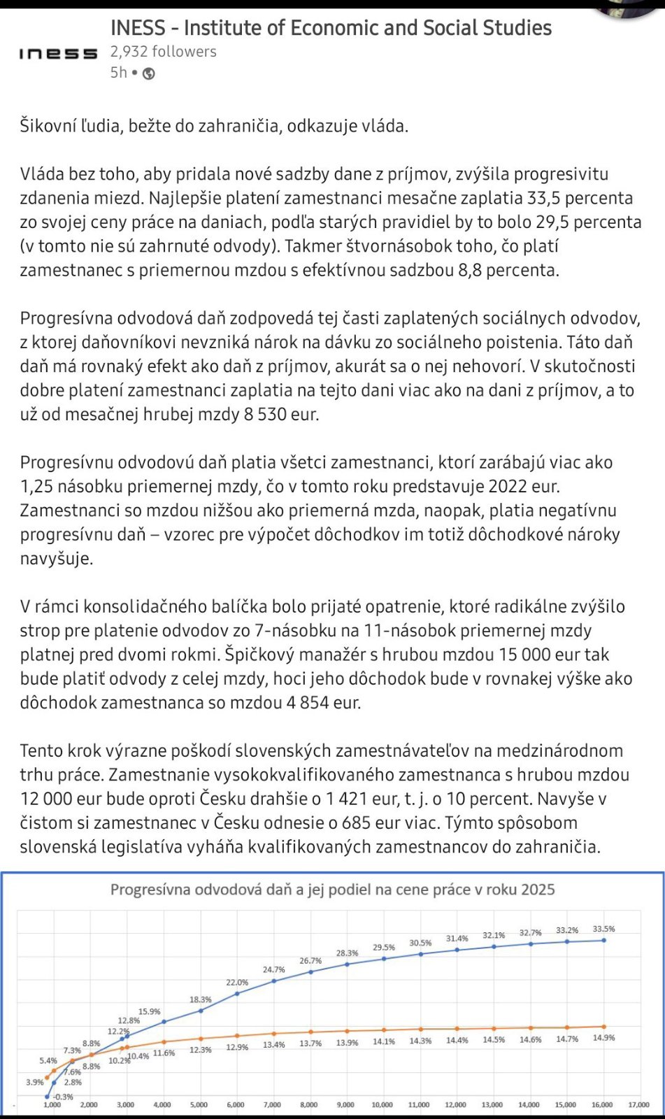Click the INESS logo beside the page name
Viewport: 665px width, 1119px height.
tap(58, 54)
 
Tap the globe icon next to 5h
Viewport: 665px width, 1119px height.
tap(148, 73)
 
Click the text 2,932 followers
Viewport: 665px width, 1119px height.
tap(163, 52)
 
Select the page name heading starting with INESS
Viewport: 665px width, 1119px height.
tap(331, 28)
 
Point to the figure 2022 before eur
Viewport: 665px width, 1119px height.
tap(509, 487)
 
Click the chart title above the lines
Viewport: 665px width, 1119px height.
tap(332, 890)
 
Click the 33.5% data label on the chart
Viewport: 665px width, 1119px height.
tap(603, 929)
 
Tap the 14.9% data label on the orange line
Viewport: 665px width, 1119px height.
tap(603, 1038)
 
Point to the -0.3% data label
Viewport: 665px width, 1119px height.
tap(63, 1097)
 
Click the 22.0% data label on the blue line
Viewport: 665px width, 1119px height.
tap(237, 983)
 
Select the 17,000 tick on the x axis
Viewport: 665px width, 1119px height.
tap(638, 1105)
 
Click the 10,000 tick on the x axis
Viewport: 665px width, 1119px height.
tap(382, 1105)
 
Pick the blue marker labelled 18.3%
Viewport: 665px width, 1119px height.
tap(201, 1010)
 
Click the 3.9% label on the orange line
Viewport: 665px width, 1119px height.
tap(35, 1082)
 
